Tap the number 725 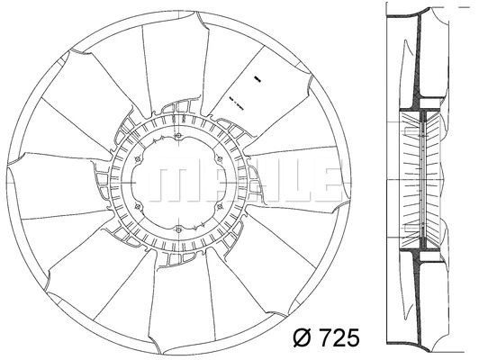pos(339,338)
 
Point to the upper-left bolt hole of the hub pos(138,160)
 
